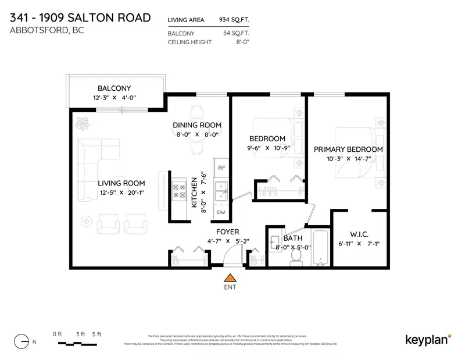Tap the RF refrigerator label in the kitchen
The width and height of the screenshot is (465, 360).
click(x=221, y=167)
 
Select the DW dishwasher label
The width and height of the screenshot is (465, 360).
click(x=221, y=212)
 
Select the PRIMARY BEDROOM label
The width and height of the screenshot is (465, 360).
click(x=348, y=149)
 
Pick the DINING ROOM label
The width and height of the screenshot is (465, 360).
click(x=197, y=125)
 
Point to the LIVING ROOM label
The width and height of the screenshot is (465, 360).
click(x=121, y=183)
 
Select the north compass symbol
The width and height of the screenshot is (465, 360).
click(x=21, y=341)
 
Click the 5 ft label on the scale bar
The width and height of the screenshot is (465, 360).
click(x=96, y=334)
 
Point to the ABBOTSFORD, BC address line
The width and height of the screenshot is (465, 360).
click(x=47, y=30)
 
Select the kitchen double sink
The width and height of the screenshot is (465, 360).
click(x=221, y=191)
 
